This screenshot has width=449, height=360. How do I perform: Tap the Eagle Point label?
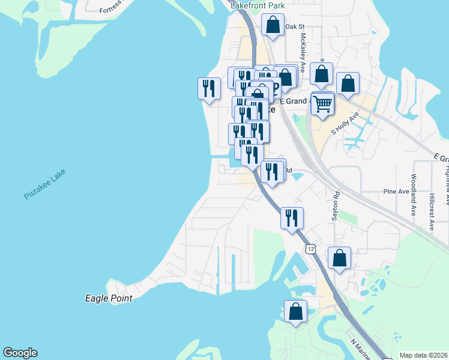pyautogui.click(x=108, y=298)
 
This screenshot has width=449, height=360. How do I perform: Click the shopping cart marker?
pyautogui.click(x=323, y=104)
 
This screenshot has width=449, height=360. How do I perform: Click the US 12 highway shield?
pyautogui.click(x=310, y=248)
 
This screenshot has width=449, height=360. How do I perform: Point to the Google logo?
pyautogui.click(x=20, y=353)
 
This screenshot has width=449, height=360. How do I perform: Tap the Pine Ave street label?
pyautogui.click(x=396, y=191)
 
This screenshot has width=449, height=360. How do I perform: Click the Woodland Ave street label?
pyautogui.click(x=414, y=195)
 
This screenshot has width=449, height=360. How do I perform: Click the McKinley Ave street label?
pyautogui.click(x=303, y=50)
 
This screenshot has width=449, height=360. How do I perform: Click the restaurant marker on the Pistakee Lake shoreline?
pyautogui.click(x=208, y=89)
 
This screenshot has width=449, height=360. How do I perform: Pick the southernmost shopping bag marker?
pyautogui.click(x=295, y=312)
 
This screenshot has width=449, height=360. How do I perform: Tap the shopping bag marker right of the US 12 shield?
pyautogui.click(x=339, y=259)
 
